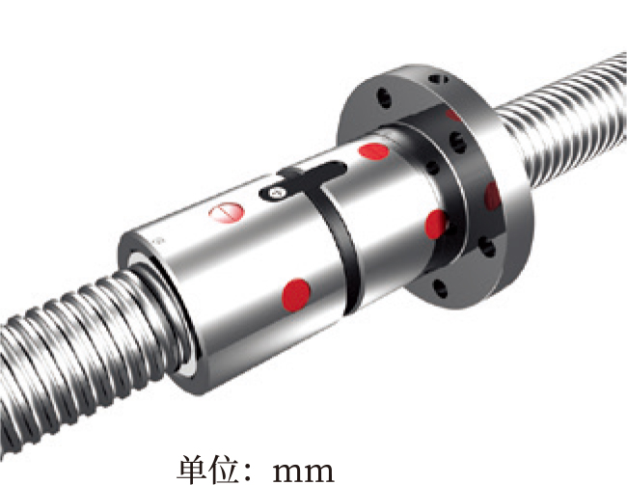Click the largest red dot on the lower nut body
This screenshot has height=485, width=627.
(x=296, y=295)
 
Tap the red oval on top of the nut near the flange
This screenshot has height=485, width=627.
(x=374, y=151)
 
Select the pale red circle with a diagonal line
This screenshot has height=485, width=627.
(x=227, y=212)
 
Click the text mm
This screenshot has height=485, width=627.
(x=304, y=472)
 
